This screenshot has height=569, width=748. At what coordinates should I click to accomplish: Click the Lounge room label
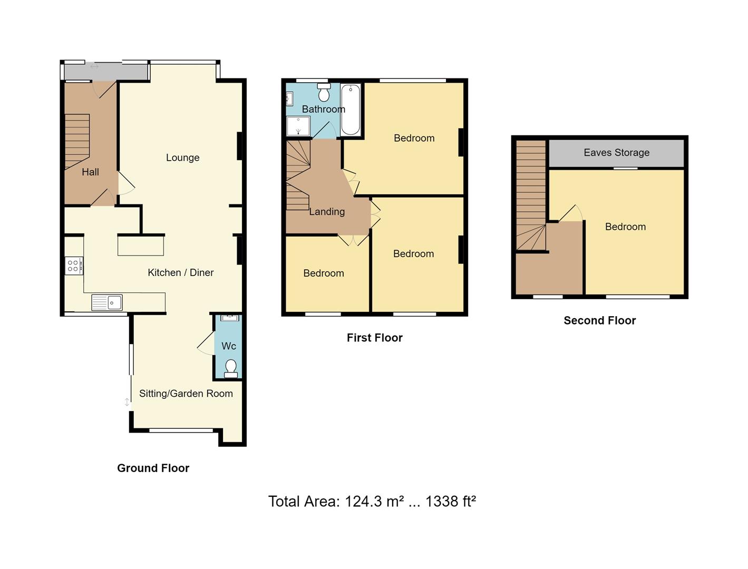pyautogui.click(x=182, y=158)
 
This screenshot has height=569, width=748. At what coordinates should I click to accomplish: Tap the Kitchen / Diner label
pyautogui.click(x=180, y=272)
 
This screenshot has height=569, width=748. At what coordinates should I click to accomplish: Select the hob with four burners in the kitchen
pyautogui.click(x=73, y=266)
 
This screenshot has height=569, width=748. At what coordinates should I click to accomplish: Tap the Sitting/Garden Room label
pyautogui.click(x=186, y=394)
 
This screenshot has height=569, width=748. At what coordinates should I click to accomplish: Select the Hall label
pyautogui.click(x=90, y=172)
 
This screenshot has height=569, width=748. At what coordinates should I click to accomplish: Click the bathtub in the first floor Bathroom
pyautogui.click(x=351, y=110)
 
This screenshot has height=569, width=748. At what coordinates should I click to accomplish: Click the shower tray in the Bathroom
pyautogui.click(x=298, y=126)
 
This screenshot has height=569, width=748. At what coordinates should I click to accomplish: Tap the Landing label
pyautogui.click(x=327, y=212)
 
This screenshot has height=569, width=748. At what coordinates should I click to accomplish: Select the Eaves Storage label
pyautogui.click(x=616, y=153)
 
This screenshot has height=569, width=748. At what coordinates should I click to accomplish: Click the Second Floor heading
pyautogui.click(x=599, y=320)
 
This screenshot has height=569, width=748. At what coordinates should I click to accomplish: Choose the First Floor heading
pyautogui.click(x=374, y=338)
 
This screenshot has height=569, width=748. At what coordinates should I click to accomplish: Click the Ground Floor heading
pyautogui.click(x=153, y=468)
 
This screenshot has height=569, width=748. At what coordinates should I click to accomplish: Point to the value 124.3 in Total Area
pyautogui.click(x=363, y=502)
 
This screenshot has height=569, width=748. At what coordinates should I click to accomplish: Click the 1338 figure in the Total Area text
pyautogui.click(x=442, y=502)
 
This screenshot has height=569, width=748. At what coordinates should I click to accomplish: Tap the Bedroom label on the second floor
pyautogui.click(x=625, y=227)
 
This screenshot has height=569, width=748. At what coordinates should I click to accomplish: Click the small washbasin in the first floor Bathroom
pyautogui.click(x=289, y=99)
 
